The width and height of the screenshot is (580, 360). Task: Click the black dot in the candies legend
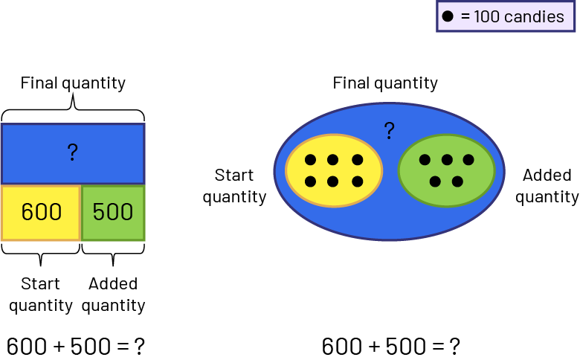[448, 16]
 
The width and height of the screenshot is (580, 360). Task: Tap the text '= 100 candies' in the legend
[514, 16]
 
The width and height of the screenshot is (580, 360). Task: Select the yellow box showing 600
[41, 213]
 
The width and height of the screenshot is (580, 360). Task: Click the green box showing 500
[113, 213]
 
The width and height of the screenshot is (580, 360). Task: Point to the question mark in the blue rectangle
[72, 152]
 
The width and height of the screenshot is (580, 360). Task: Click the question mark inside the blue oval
[389, 132]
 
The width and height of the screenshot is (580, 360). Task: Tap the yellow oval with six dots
[333, 170]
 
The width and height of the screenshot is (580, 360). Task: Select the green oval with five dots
[446, 170]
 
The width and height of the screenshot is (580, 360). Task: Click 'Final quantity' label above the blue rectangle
[73, 83]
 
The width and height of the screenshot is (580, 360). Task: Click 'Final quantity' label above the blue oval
[385, 83]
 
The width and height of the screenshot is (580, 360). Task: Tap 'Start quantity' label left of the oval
[234, 186]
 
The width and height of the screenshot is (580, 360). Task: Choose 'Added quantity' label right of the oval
[547, 186]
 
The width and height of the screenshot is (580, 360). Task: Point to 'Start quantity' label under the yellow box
[41, 295]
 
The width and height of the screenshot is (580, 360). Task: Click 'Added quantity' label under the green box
[113, 295]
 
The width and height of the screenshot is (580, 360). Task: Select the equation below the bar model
[75, 346]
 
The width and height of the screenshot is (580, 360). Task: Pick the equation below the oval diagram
[391, 346]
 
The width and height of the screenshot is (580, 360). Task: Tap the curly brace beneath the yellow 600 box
[41, 253]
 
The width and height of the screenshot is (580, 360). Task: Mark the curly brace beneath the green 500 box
[113, 253]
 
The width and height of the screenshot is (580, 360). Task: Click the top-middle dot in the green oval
[446, 159]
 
